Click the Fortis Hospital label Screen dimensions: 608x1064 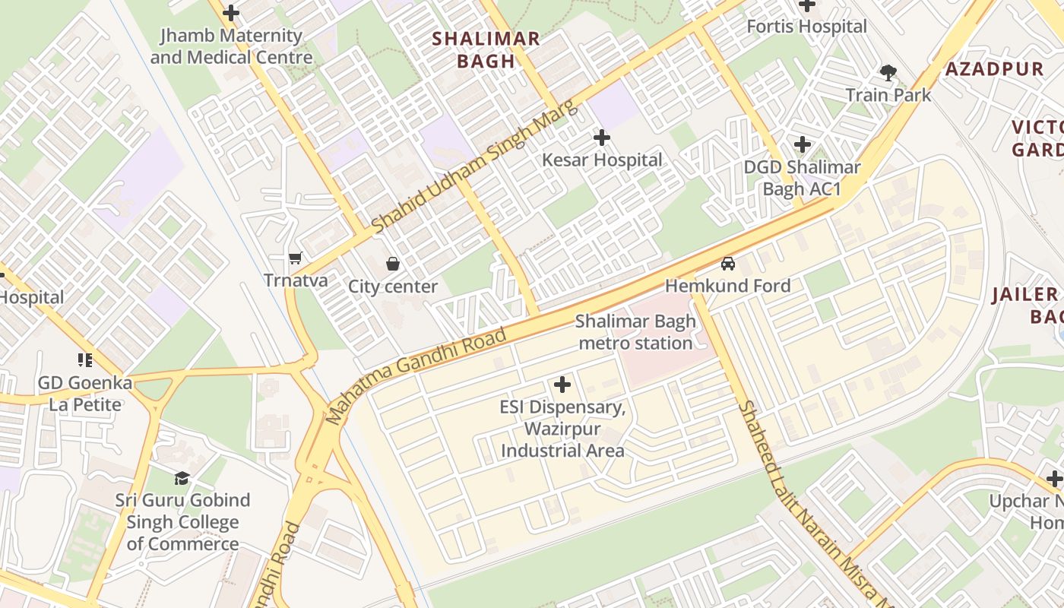pos(806,27)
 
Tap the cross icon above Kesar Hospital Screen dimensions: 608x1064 pos(602,138)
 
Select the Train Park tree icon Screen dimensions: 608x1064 pos(888,73)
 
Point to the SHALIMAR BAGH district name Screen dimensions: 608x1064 pos(486,50)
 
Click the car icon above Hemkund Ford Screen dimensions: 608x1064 pos(728,264)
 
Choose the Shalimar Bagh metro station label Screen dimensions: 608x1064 pos(635,332)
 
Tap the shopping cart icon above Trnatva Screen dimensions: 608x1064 pos(296,258)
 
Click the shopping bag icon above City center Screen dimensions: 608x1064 pos(393,264)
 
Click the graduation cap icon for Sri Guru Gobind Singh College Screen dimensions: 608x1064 pos(182,478)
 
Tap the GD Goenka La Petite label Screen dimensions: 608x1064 pos(85,394)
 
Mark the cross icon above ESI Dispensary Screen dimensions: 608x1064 pos(562,385)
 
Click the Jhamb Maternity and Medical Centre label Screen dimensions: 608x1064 pos(231,46)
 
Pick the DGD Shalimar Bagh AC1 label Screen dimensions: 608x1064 pos(802,178)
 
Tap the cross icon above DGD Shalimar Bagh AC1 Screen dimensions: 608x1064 pos(803,144)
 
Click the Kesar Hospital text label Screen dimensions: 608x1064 pos(602,160)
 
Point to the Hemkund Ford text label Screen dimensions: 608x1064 pos(728,286)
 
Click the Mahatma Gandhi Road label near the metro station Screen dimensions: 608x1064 pos(416,375)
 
